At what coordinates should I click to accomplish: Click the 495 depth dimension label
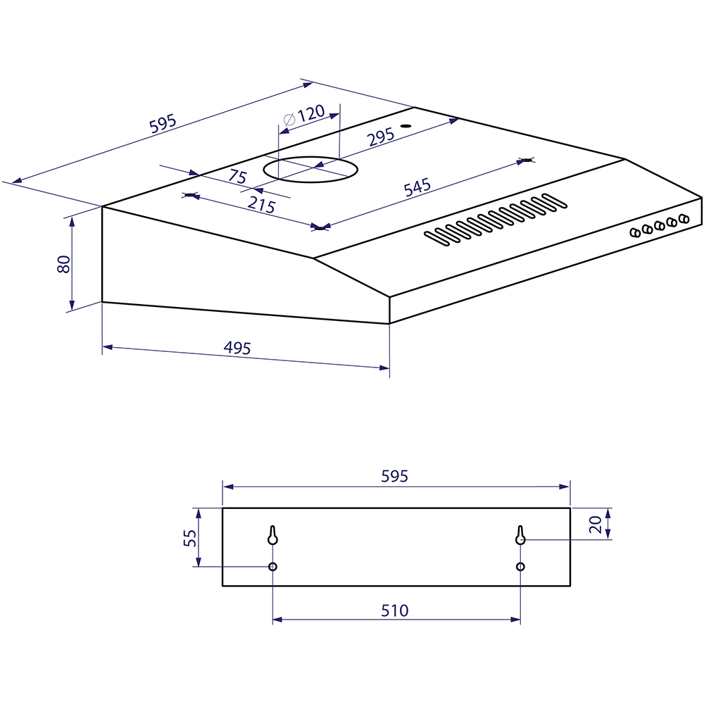point(237,348)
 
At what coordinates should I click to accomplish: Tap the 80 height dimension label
point(64,264)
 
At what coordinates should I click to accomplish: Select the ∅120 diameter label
point(304,115)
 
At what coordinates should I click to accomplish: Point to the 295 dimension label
point(381,137)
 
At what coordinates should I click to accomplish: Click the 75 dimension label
point(237,176)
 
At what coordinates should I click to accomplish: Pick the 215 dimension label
point(261,205)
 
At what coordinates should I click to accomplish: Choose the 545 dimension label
point(417,187)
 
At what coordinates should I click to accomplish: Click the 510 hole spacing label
point(395,610)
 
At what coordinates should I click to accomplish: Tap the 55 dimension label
point(190,537)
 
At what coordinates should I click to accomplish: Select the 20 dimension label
point(596,524)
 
